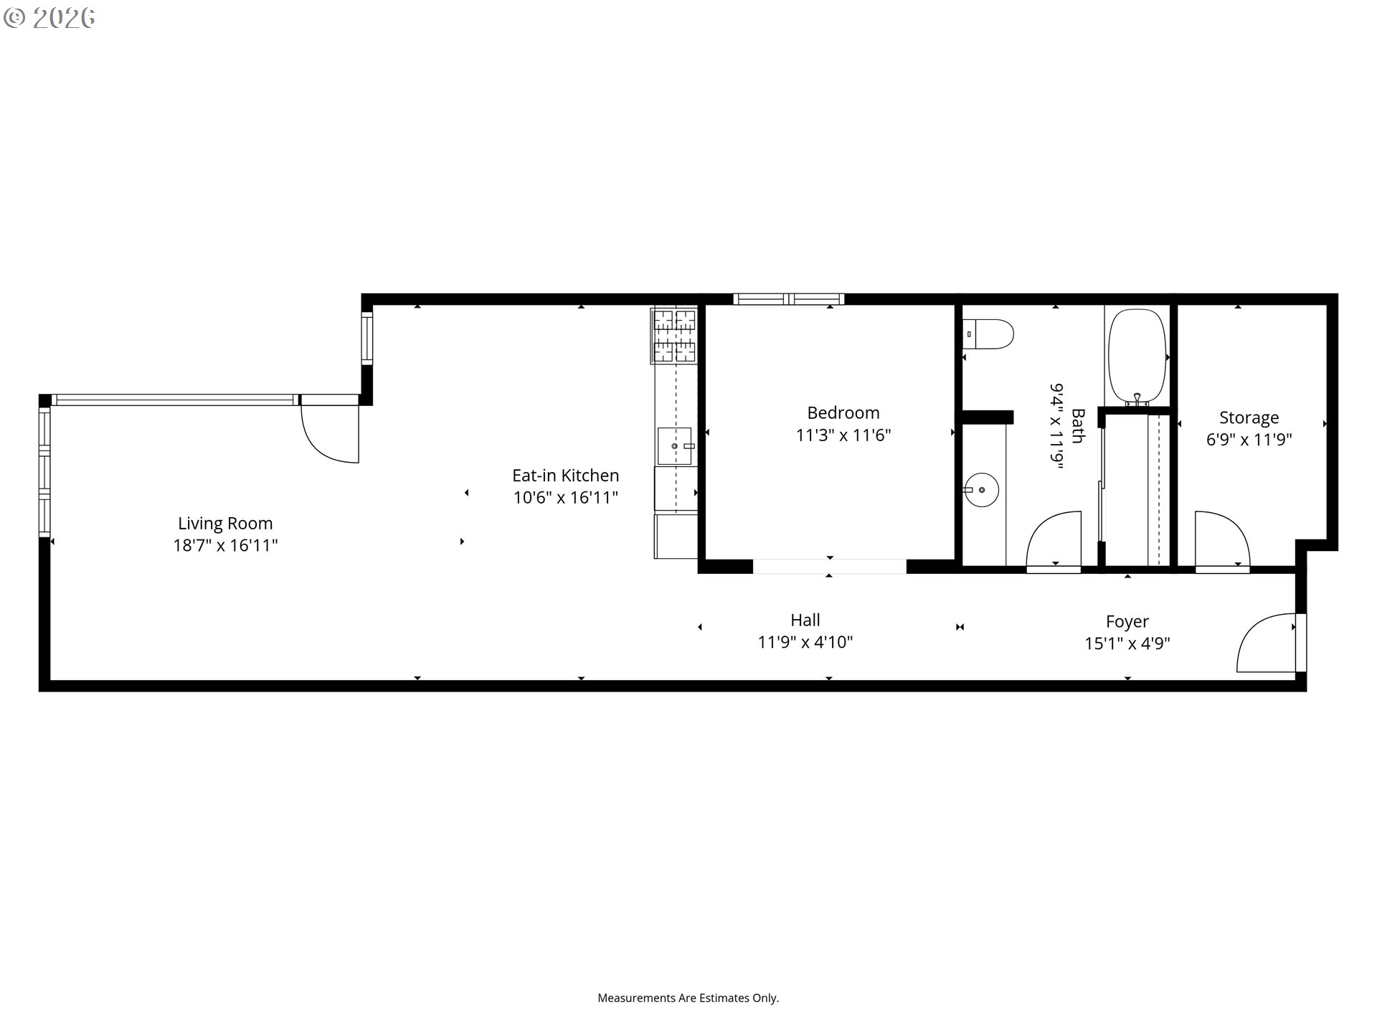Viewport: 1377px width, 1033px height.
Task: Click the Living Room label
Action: [225, 524]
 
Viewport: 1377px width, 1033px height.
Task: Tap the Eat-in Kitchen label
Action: [565, 475]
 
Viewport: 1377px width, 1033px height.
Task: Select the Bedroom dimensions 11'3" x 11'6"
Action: [843, 435]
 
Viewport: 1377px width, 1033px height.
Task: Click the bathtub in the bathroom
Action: [1137, 357]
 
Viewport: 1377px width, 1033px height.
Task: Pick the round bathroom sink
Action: [981, 490]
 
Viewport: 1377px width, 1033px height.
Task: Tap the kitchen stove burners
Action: [674, 335]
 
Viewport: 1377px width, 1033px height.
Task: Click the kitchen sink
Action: [676, 445]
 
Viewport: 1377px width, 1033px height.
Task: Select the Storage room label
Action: [1249, 418]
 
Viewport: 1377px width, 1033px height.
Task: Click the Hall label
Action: [805, 620]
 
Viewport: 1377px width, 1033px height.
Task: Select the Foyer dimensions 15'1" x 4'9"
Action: [1127, 643]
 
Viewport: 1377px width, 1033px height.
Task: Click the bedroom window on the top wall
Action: [788, 299]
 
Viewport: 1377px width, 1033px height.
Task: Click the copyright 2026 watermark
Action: [49, 18]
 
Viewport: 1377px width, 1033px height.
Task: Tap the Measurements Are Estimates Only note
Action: [688, 998]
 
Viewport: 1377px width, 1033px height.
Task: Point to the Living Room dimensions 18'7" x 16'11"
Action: [225, 546]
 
